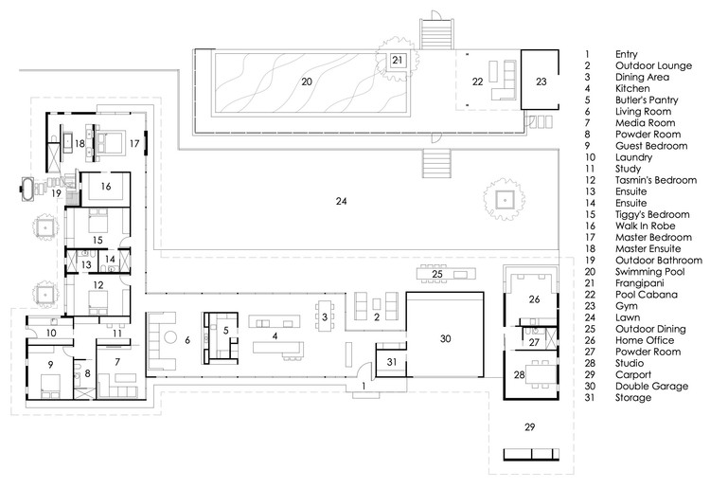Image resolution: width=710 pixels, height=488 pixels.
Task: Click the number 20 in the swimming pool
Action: click(307, 81)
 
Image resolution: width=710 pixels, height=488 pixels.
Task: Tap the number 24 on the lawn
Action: click(341, 201)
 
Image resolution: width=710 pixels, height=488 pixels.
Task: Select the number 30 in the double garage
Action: click(445, 338)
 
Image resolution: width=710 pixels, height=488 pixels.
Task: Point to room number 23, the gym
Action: click(541, 81)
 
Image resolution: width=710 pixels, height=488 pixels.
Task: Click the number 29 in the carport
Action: click(529, 426)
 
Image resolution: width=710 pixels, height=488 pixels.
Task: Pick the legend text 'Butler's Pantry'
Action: click(647, 100)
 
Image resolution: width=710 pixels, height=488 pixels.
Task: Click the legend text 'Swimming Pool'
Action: click(649, 272)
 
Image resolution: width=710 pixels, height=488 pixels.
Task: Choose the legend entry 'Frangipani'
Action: click(639, 283)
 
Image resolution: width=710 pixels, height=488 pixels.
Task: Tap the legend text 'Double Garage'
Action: click(651, 386)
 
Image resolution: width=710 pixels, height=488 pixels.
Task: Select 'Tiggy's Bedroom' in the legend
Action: click(652, 214)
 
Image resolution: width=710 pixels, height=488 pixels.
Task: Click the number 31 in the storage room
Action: click(392, 362)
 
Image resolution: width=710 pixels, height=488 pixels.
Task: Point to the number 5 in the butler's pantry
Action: click(225, 331)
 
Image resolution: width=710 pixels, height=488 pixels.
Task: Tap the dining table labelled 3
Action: click(324, 316)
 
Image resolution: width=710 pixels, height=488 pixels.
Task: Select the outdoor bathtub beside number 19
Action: click(27, 190)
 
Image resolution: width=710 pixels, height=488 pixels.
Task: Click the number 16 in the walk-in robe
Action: click(105, 187)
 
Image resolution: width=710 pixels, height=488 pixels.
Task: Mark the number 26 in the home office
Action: click(534, 299)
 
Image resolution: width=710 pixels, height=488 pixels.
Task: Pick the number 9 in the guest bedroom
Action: click(50, 364)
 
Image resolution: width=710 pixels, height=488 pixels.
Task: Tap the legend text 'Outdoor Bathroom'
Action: click(658, 260)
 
